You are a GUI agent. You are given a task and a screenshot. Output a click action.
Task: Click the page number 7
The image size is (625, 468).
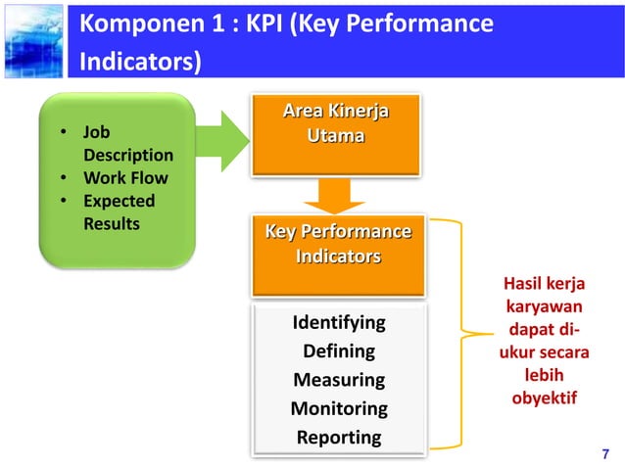[604, 452]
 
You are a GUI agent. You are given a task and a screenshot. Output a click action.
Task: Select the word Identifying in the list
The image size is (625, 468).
[339, 322]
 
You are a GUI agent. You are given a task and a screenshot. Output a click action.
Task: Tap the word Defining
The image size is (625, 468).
[339, 351]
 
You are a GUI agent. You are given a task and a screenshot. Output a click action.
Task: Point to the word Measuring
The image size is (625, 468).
[339, 379]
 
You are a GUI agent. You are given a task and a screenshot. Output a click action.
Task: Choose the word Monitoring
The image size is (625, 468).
[339, 408]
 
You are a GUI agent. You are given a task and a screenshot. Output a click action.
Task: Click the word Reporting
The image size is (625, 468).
[339, 437]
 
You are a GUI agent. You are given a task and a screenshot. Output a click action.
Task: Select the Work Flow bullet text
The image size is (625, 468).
[125, 178]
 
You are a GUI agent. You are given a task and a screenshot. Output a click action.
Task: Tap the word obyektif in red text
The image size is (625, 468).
[544, 399]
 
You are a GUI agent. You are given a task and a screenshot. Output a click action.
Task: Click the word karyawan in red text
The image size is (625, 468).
[544, 307]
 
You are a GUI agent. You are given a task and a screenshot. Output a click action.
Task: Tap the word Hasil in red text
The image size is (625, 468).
[522, 284]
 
